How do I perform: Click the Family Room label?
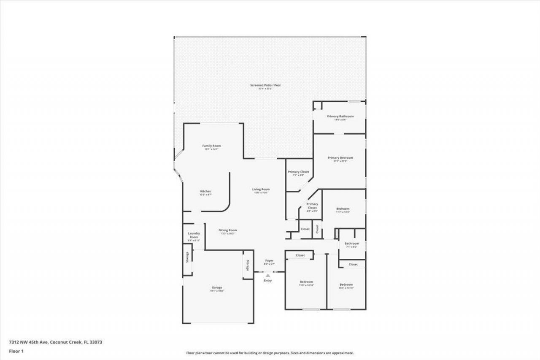pos(212,146)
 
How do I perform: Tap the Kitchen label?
pos(205,191)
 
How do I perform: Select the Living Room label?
pos(261,189)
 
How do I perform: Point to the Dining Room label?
pos(227,230)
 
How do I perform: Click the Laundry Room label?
pos(194,235)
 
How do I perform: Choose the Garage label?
pos(217,287)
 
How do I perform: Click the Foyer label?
pos(269,261)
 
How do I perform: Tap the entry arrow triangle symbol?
pos(267,275)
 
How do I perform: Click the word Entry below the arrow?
pos(268,281)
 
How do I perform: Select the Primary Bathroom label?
pos(340,116)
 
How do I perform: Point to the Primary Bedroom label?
pos(340,157)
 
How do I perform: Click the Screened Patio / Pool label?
pos(265,85)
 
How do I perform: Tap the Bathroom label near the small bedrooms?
pos(351,244)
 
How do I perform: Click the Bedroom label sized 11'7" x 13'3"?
pos(343,208)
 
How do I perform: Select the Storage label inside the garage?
pos(248,265)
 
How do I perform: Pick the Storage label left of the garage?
pos(187,257)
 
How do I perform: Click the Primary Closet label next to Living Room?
pos(298,172)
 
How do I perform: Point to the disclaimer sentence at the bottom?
pos(270,353)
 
